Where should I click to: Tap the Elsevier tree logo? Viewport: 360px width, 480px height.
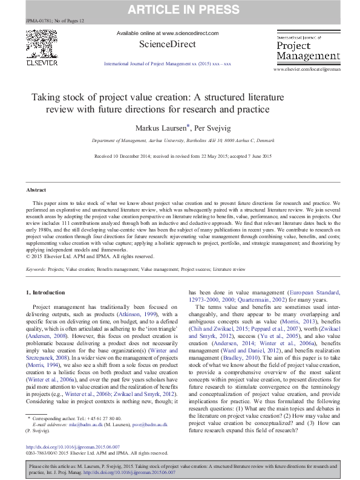pos(41,45)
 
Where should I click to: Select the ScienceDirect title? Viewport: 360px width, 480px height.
pos(168,44)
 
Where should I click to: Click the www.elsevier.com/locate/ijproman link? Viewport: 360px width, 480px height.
pos(311,70)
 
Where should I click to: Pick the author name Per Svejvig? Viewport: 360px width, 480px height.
pos(205,128)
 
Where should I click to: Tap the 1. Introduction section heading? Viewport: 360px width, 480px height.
pos(47,292)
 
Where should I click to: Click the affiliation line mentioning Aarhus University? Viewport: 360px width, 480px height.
pos(180,140)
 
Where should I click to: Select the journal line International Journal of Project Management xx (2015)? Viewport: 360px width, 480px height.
pos(168,62)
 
